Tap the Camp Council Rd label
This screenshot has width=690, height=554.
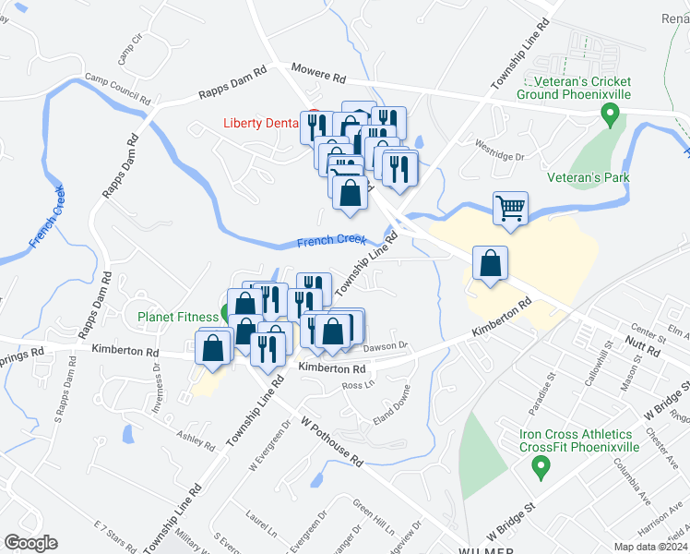point(117,88)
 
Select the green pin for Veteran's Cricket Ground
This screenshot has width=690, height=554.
point(609,115)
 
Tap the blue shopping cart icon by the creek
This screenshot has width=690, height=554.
point(510,209)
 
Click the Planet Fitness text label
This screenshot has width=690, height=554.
point(178,317)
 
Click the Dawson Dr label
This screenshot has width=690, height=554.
point(385,346)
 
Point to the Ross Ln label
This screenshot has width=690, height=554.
point(357,384)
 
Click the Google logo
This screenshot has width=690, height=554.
point(30,542)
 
